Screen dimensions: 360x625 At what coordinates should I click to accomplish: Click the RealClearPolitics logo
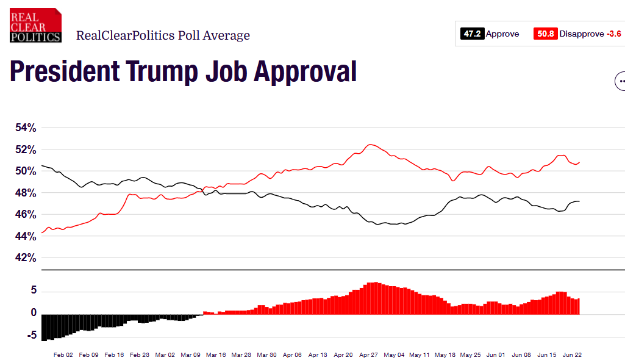point(35,25)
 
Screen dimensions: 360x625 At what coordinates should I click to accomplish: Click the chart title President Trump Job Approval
point(183,72)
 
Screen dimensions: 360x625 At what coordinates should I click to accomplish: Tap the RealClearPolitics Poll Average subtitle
point(163,35)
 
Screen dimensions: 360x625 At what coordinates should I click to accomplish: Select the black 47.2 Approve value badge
point(473,34)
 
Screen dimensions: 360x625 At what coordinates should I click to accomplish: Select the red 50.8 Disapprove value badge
point(545,34)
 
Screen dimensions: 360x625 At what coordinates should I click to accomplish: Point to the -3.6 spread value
point(614,34)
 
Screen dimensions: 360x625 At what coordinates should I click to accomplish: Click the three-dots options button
point(621,81)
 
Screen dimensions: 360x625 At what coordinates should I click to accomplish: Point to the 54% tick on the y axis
point(26,128)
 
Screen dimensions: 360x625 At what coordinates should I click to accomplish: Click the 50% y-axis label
point(26,171)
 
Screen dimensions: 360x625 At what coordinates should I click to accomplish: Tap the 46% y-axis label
point(26,215)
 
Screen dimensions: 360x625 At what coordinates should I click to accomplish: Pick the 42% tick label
point(26,257)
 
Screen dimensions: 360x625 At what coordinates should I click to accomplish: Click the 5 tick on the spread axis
point(34,291)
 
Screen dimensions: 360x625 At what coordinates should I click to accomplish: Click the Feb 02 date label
point(63,355)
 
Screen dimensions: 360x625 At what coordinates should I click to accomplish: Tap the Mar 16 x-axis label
point(216,355)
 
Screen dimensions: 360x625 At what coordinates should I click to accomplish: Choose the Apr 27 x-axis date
point(370,355)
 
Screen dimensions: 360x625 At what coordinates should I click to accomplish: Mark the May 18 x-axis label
point(446,355)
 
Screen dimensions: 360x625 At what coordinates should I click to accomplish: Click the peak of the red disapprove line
point(370,145)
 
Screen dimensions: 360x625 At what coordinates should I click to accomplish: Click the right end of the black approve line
point(579,201)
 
